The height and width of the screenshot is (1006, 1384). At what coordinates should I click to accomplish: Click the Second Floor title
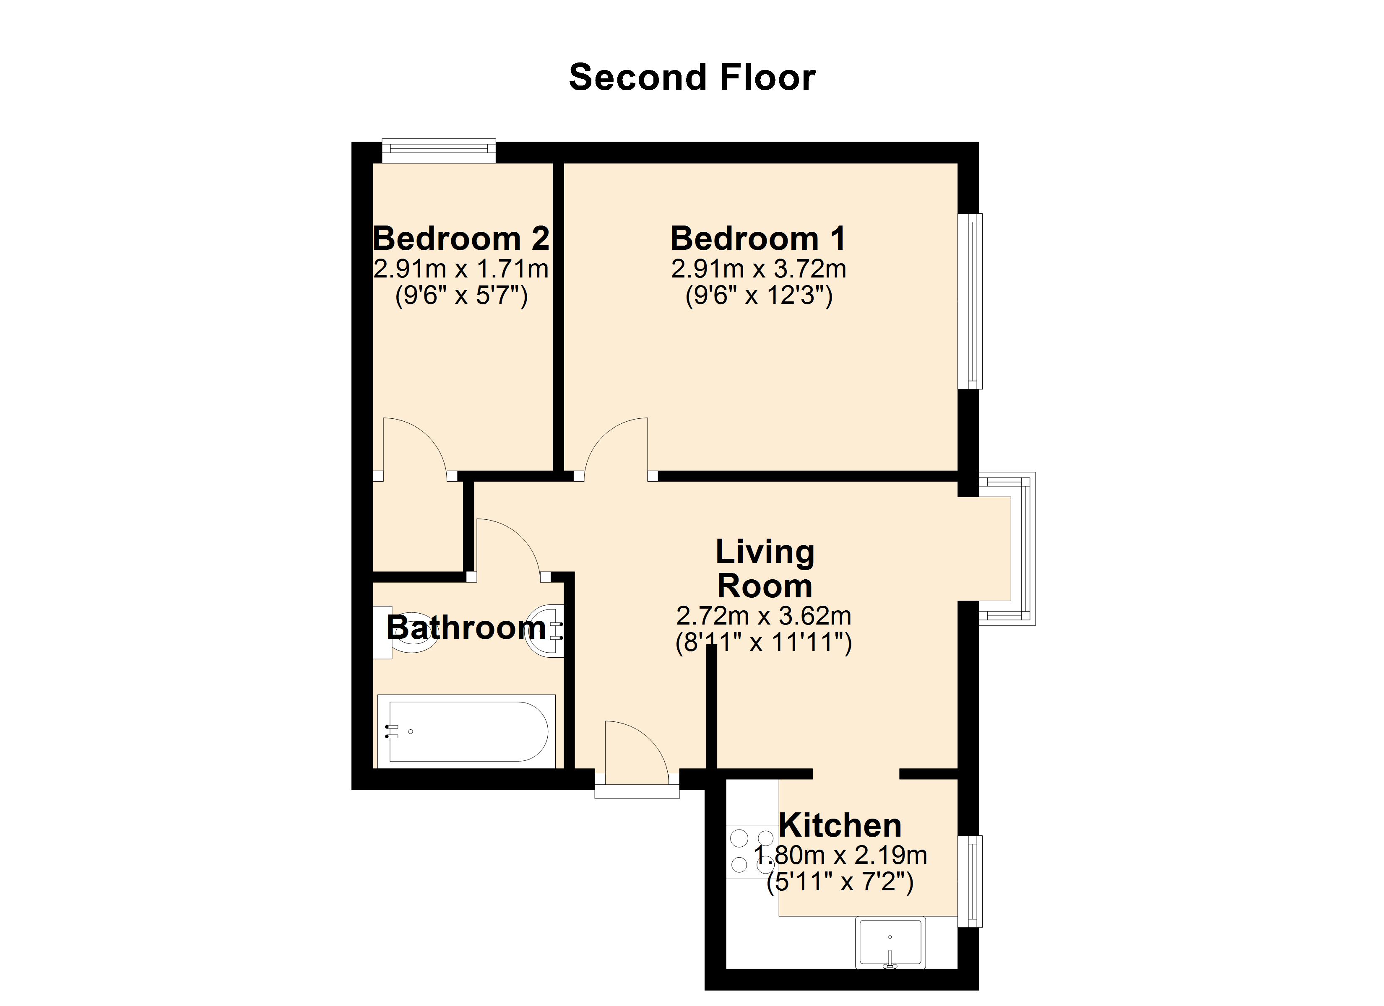(x=692, y=78)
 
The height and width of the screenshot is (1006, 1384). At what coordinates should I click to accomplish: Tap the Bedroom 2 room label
(x=461, y=238)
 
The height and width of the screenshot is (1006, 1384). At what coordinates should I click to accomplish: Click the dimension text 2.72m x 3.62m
(x=763, y=616)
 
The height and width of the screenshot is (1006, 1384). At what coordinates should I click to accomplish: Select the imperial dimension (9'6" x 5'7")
(x=461, y=296)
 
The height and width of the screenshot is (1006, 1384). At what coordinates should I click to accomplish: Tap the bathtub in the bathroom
(x=467, y=731)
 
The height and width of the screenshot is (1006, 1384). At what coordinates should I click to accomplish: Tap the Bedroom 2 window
(x=439, y=150)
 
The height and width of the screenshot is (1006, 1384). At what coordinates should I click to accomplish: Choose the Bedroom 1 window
(x=970, y=301)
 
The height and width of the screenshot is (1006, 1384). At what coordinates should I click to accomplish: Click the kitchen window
(x=970, y=881)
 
